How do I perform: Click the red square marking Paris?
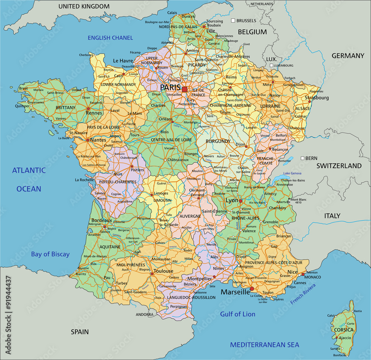coord(185,89)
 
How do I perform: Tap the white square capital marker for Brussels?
coord(233,21)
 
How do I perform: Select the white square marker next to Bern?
coord(303,158)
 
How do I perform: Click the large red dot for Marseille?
coord(252,288)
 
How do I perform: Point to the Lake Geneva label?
coord(292,174)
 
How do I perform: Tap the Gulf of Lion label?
coord(238,314)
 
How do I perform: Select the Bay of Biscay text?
coord(50,254)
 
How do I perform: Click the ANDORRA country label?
coord(144,314)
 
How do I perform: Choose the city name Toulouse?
coord(163,271)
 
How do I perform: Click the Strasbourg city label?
coord(317,98)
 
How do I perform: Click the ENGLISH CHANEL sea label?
coord(110,38)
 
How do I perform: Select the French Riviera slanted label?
coord(303,294)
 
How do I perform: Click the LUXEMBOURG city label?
coord(284,66)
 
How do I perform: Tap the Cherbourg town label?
coord(86,55)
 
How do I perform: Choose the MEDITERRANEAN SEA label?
coord(265,345)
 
